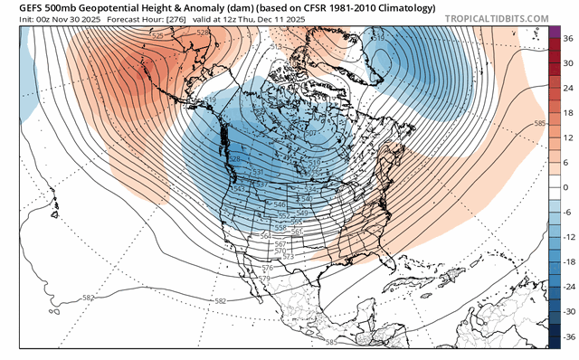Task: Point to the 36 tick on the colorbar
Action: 567,40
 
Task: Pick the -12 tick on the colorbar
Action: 567,236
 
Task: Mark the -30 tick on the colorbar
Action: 567,309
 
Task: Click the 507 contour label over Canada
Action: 309,134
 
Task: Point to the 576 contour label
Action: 267,269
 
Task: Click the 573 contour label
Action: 289,258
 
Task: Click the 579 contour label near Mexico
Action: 263,279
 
